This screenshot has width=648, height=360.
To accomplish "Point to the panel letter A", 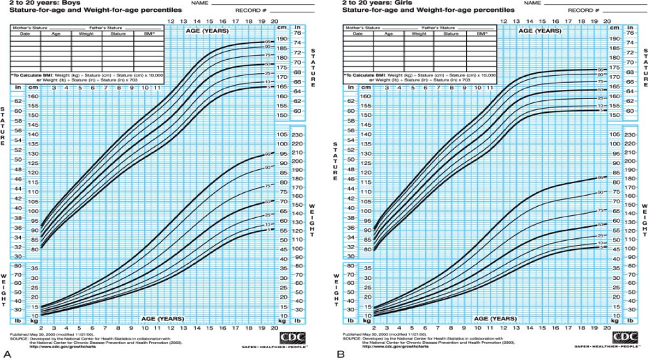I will coord(6,354).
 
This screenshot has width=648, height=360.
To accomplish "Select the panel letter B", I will coord(341,354).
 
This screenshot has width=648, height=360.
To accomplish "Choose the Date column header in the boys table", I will coord(24,33).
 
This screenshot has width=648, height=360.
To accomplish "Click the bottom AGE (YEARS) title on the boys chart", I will coord(162,317).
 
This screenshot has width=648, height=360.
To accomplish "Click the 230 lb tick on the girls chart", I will coord(630,135).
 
